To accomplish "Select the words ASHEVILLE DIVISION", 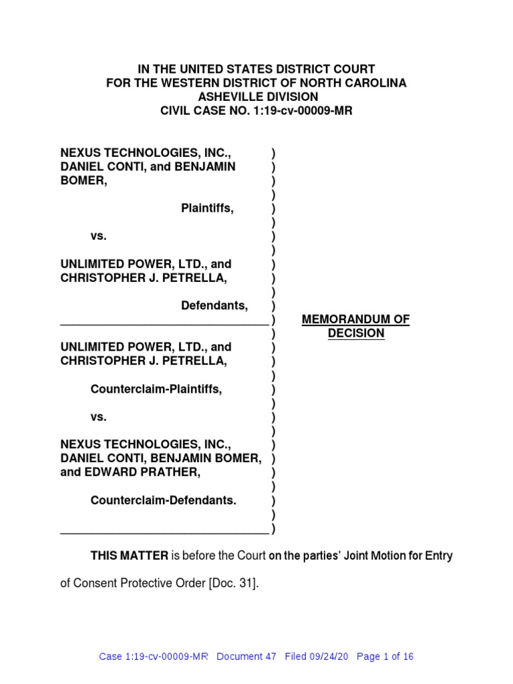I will click(256, 97).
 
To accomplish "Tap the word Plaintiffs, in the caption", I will click(208, 208).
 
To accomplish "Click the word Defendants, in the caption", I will click(214, 305).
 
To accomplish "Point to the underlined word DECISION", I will click(356, 333).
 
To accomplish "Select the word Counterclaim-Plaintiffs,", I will click(156, 389).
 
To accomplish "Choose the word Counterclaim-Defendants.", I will click(164, 500).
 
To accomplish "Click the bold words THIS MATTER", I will click(130, 555).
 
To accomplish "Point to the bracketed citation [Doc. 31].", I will click(232, 583).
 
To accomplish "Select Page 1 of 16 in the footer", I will click(385, 657).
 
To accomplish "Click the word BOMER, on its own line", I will click(83, 180).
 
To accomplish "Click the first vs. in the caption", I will click(98, 236).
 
